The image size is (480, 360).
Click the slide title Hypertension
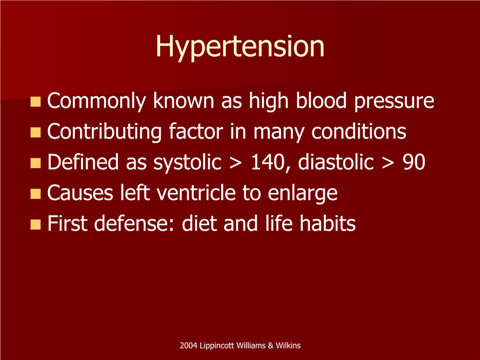pos(240,47)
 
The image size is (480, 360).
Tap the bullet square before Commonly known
pos(36,102)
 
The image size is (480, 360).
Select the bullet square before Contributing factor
pos(36,132)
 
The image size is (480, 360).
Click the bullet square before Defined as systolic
pos(36,162)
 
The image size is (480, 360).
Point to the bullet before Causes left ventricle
pos(36,193)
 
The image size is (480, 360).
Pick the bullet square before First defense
pos(36,224)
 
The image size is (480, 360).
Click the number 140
pos(268,162)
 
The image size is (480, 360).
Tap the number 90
pos(414,162)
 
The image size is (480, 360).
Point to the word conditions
pos(359,131)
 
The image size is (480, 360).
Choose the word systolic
pos(187,162)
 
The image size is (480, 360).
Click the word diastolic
pos(336,162)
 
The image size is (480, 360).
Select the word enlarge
pos(302,194)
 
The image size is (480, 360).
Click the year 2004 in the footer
pos(189,345)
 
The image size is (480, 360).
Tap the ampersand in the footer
pos(270,345)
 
